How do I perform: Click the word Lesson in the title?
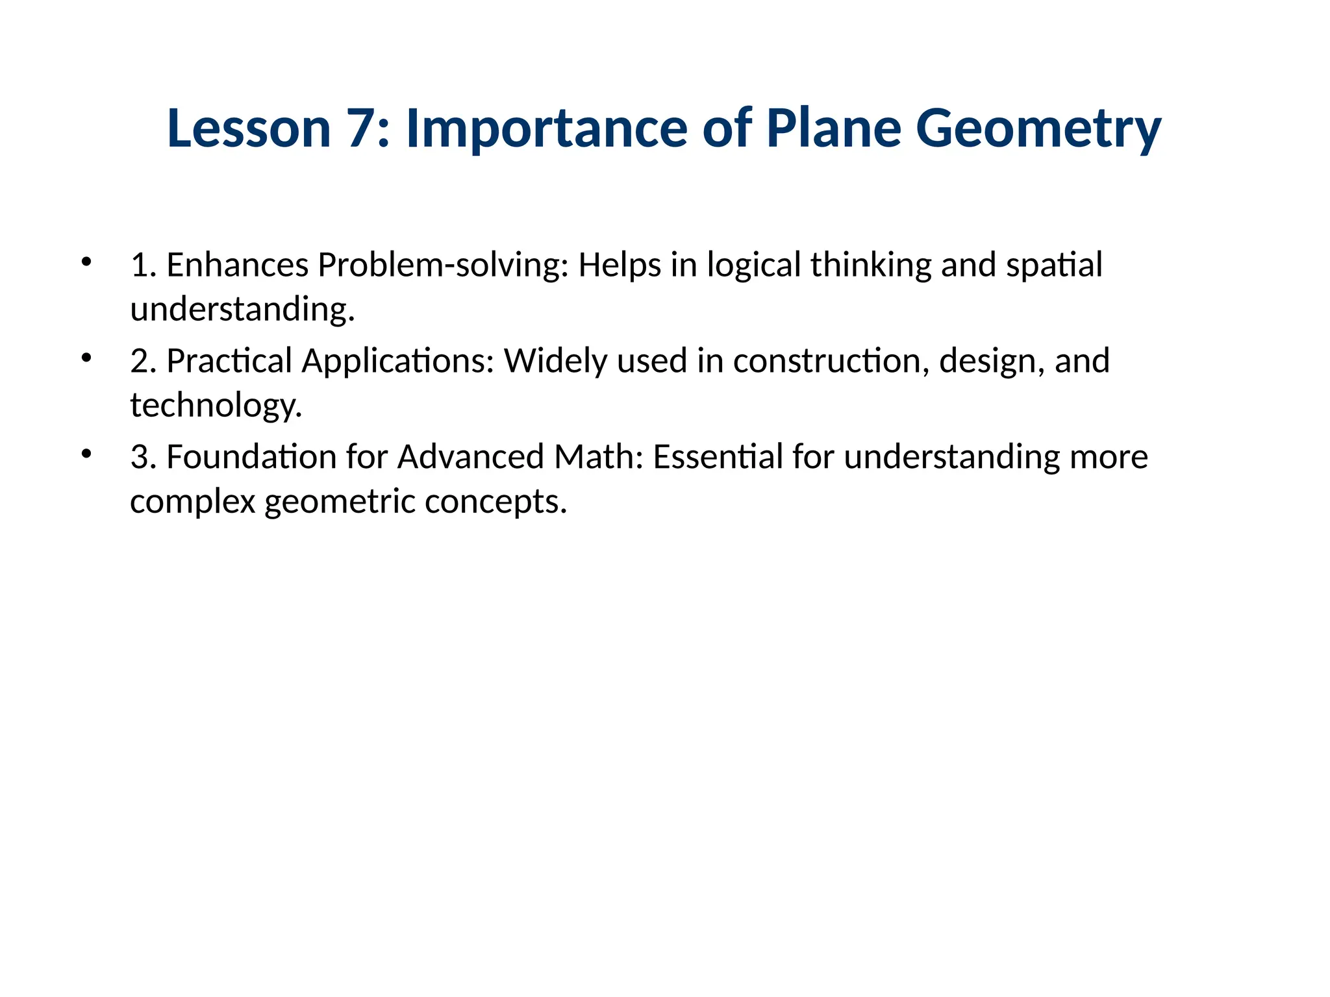pos(249,128)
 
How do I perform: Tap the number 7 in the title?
pos(361,128)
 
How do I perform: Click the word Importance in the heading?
pos(546,128)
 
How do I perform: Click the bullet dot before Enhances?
pos(86,262)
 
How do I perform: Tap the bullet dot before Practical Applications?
pos(86,358)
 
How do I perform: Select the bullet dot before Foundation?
pos(86,454)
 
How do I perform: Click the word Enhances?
pos(237,265)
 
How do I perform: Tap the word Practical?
pos(229,361)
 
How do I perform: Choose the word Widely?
pos(555,361)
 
